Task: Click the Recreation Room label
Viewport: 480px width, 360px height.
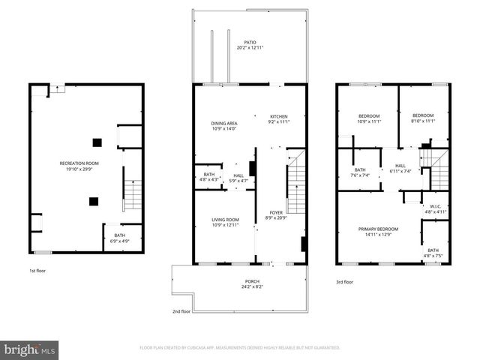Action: coord(79,166)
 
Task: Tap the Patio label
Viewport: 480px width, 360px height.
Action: coord(249,45)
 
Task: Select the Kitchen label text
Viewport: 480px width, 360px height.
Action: coord(279,119)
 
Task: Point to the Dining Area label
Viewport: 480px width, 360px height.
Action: coord(223,125)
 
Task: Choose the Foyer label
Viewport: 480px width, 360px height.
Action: coord(276,216)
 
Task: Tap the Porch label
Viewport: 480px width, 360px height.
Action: coord(241,283)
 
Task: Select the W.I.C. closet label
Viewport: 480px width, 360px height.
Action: coord(435,209)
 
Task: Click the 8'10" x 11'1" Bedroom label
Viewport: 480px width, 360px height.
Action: coord(423,118)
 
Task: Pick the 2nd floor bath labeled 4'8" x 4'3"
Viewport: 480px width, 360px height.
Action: coord(208,177)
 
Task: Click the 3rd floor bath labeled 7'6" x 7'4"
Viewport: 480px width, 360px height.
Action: coord(360,172)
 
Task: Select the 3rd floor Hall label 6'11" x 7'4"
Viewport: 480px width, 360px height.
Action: coord(400,169)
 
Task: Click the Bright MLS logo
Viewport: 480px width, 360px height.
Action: coord(30,349)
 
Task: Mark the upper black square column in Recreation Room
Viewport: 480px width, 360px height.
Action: coord(96,142)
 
